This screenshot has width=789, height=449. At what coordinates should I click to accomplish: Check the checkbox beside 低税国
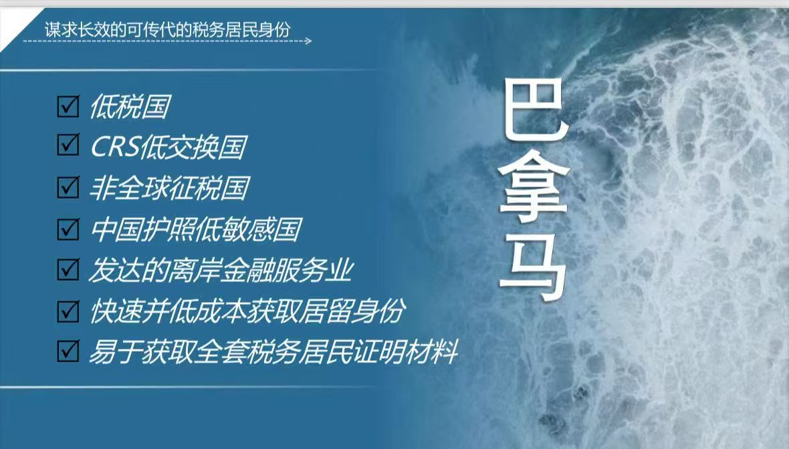tap(68, 106)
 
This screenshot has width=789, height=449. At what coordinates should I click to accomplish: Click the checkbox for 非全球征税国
tap(68, 186)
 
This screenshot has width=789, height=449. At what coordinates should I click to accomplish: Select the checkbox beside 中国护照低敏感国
tap(68, 229)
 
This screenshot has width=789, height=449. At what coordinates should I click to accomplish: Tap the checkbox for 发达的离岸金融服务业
tap(68, 269)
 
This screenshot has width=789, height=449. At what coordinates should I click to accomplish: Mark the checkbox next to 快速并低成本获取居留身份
tap(68, 311)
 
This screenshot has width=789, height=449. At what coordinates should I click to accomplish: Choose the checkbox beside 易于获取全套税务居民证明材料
tap(68, 351)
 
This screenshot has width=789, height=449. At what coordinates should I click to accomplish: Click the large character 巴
tap(535, 112)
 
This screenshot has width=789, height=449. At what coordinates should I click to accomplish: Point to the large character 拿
tap(534, 188)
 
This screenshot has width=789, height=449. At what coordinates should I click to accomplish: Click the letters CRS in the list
tap(115, 147)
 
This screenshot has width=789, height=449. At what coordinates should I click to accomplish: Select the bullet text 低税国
tap(130, 107)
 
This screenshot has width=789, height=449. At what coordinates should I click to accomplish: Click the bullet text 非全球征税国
tap(169, 188)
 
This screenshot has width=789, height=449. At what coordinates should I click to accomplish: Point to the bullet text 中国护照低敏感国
tap(196, 229)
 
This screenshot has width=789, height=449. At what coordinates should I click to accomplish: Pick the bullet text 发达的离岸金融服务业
tap(221, 270)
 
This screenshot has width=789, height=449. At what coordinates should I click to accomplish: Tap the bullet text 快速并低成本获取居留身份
tap(247, 311)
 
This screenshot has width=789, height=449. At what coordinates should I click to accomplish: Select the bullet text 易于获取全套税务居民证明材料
tap(273, 351)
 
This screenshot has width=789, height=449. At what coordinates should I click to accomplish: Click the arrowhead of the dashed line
tap(308, 41)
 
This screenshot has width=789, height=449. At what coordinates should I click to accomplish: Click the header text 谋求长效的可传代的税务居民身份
tap(168, 29)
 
